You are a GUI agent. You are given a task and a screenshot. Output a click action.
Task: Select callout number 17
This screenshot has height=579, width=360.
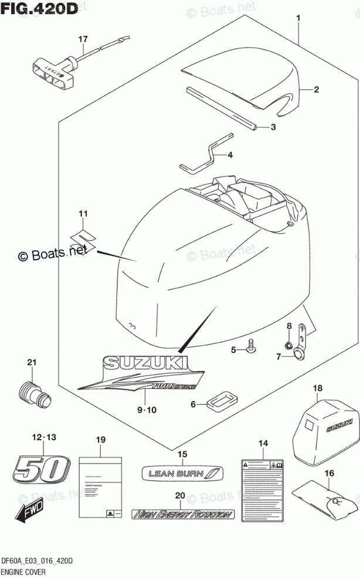click(x=83, y=39)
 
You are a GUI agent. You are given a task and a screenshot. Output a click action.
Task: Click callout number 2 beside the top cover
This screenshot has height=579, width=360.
click(x=315, y=90)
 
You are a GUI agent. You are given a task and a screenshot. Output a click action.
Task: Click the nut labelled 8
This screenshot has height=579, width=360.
click(x=289, y=344)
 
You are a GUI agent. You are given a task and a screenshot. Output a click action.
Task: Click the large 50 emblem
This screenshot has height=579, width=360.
click(x=39, y=467)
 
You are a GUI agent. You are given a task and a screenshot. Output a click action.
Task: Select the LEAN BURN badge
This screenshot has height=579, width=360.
click(x=181, y=473)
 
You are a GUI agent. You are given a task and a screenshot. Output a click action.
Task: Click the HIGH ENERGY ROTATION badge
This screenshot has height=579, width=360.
click(x=182, y=514)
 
